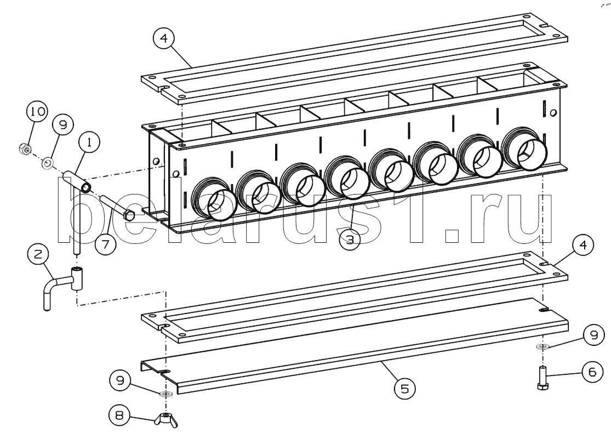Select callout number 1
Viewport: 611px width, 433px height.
tap(89, 144)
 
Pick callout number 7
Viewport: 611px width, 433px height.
tap(105, 243)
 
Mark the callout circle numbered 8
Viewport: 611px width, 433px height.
tap(118, 415)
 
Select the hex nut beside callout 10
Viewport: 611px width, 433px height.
tap(24, 149)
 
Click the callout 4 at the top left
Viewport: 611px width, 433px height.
tap(163, 40)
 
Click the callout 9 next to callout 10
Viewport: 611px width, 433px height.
tap(63, 126)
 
